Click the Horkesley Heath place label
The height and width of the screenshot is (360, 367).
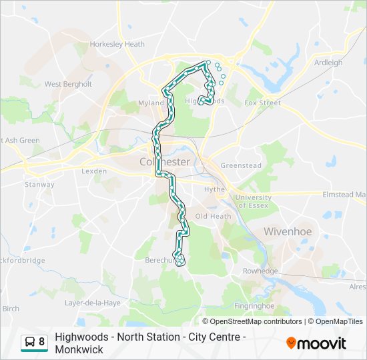(117, 45)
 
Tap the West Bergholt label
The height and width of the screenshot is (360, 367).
(68, 85)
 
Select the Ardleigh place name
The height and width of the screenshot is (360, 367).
(328, 63)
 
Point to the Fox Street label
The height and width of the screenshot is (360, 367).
(262, 103)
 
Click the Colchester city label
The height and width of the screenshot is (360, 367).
(165, 162)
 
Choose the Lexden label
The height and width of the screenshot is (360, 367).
(93, 171)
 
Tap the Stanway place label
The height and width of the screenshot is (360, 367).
(39, 185)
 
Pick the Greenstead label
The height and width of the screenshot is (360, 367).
(240, 165)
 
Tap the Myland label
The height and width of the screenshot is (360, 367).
(150, 103)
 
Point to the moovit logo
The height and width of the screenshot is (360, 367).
(316, 343)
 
